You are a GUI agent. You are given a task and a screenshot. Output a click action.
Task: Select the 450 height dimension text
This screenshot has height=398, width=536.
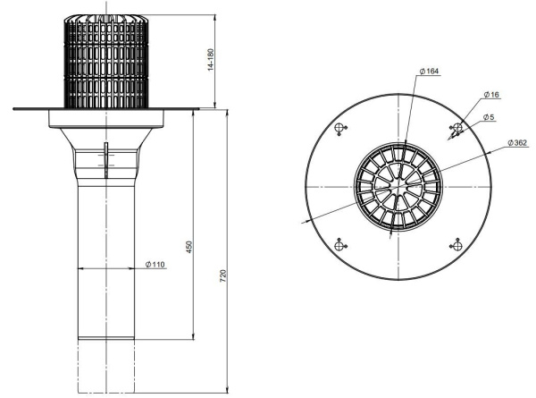[x=188, y=248]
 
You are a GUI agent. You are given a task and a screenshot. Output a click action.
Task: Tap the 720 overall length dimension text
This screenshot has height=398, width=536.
[x=223, y=273]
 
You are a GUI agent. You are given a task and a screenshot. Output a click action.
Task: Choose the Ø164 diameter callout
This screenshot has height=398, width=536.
[x=429, y=72]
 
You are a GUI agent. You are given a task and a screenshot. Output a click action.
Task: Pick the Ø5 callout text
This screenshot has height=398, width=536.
[x=489, y=117]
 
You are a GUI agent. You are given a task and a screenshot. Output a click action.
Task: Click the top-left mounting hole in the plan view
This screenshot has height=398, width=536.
[x=339, y=129]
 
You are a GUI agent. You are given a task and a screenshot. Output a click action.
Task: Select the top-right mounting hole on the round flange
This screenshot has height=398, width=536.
[x=456, y=129]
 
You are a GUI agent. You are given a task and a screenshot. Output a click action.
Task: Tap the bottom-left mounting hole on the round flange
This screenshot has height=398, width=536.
[x=339, y=245]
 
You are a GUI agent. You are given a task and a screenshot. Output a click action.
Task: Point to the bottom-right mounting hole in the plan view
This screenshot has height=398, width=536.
[x=456, y=244]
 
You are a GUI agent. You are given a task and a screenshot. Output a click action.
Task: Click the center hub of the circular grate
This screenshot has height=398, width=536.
[x=398, y=187]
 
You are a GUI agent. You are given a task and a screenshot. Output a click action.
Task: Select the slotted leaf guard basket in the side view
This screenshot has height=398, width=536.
[x=105, y=58]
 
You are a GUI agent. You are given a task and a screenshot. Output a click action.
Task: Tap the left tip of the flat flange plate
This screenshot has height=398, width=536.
[x=15, y=109]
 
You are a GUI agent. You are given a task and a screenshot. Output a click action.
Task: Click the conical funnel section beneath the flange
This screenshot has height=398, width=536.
[x=105, y=134]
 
